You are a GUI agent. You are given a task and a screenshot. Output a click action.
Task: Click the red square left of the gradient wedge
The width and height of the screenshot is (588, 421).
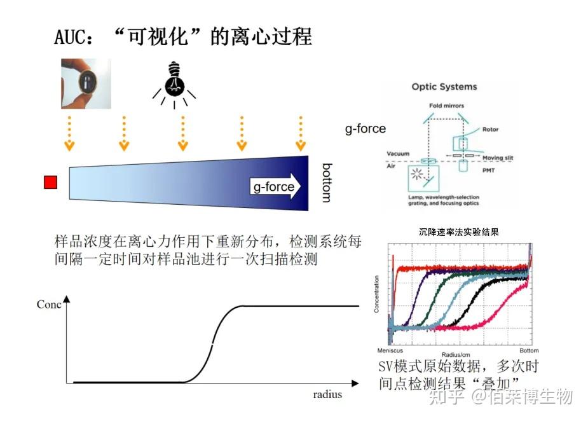tap(50, 183)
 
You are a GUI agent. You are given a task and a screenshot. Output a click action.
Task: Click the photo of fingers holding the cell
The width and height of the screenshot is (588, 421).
tap(86, 83)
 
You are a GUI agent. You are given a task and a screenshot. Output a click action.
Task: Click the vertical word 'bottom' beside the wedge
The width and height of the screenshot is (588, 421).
tap(326, 183)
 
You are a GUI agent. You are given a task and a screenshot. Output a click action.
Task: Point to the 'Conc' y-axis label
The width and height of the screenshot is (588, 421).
tap(49, 305)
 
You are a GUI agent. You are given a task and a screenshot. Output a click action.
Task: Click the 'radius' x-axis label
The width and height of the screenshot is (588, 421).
tap(327, 394)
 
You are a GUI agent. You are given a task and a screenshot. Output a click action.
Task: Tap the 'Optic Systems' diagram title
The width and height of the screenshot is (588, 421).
tap(444, 86)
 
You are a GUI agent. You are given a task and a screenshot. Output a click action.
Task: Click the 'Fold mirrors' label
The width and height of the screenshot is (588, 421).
tap(446, 106)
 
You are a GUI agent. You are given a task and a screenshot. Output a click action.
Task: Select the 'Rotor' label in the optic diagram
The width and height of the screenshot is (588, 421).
tap(491, 130)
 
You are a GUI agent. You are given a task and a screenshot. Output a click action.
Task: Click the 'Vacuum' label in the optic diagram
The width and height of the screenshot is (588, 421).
tap(398, 154)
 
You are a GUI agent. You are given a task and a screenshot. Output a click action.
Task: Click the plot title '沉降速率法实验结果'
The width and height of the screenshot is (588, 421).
tap(459, 233)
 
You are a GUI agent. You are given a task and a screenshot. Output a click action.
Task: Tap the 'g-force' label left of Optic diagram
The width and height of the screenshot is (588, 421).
tap(366, 128)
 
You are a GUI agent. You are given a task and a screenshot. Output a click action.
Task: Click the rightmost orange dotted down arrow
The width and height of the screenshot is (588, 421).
tap(301, 133)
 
